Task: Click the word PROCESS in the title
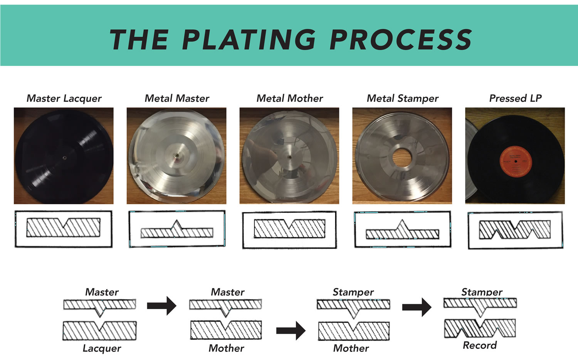tap(401, 40)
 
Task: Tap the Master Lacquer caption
tap(64, 98)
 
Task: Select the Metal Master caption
tap(177, 98)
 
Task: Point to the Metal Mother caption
tap(290, 98)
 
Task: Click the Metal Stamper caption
tap(403, 98)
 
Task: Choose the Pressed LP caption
tap(515, 98)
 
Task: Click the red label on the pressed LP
tap(516, 161)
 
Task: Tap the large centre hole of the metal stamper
tap(402, 157)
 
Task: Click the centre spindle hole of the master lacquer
tap(64, 157)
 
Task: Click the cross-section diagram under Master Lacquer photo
tap(63, 229)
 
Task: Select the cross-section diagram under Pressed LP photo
tap(515, 230)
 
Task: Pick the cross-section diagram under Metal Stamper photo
tap(402, 230)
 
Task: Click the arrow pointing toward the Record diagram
tap(417, 307)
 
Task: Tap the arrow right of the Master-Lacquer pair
tap(161, 306)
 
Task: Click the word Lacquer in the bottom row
tap(102, 348)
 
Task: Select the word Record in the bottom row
tap(480, 345)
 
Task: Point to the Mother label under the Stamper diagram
tap(351, 348)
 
